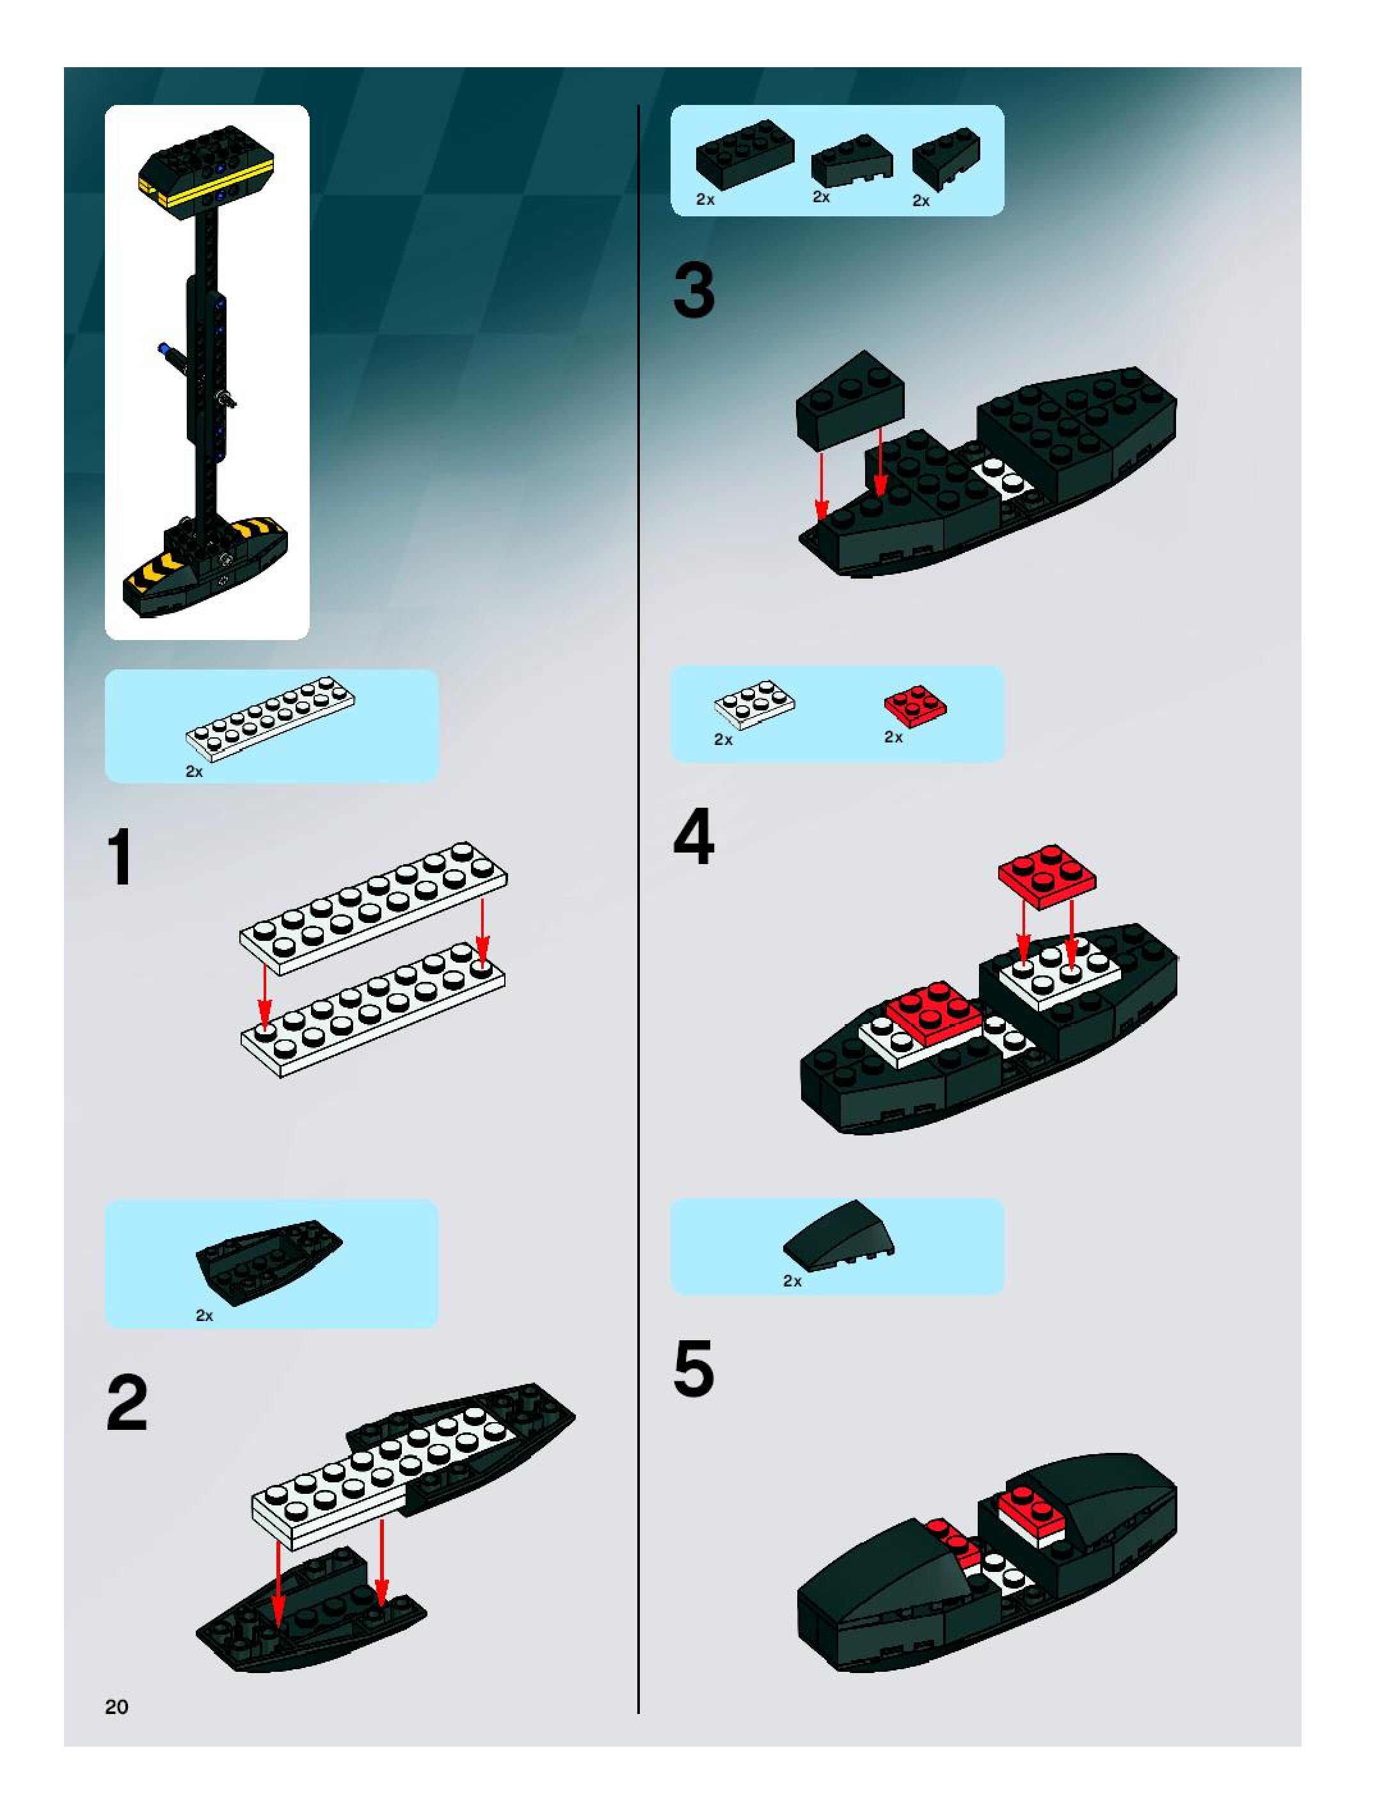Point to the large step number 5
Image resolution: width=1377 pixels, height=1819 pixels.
tap(694, 1368)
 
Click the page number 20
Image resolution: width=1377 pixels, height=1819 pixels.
tap(116, 1707)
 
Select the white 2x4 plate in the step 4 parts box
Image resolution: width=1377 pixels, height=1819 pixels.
tap(754, 705)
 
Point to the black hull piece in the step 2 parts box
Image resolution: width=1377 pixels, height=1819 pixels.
tap(269, 1262)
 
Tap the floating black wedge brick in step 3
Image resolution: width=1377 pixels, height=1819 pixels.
tap(850, 401)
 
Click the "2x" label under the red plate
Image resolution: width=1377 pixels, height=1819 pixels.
tap(894, 737)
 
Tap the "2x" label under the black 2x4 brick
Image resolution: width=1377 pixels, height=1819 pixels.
tap(705, 199)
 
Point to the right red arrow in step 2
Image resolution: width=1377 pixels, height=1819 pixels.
tap(381, 1562)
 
